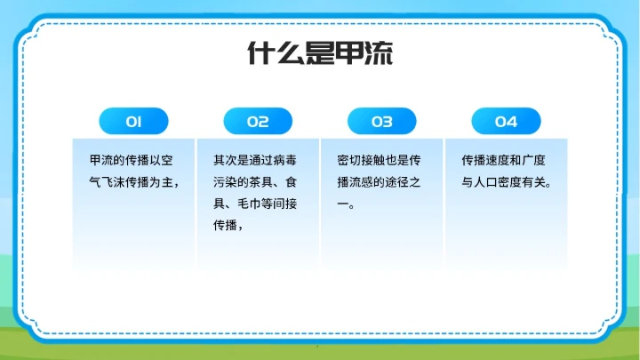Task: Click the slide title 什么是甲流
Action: pyautogui.click(x=320, y=54)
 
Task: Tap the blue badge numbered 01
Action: pyautogui.click(x=133, y=121)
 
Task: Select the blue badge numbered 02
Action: pyautogui.click(x=258, y=121)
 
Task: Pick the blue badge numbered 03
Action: pyautogui.click(x=381, y=121)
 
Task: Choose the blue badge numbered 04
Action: pyautogui.click(x=506, y=121)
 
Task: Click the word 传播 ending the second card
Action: pyautogui.click(x=225, y=225)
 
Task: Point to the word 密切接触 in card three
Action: pyautogui.click(x=361, y=161)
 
